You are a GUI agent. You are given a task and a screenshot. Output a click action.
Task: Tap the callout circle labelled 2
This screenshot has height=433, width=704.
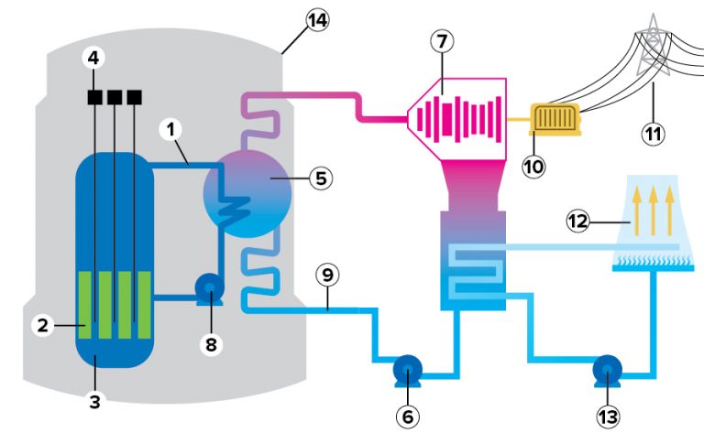point(42,323)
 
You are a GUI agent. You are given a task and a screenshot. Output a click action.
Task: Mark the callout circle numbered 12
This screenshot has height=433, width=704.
point(577,221)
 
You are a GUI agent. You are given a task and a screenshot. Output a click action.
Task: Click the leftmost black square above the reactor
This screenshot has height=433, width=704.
point(93,96)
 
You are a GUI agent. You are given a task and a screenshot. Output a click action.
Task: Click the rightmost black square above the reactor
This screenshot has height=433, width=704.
point(136,96)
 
